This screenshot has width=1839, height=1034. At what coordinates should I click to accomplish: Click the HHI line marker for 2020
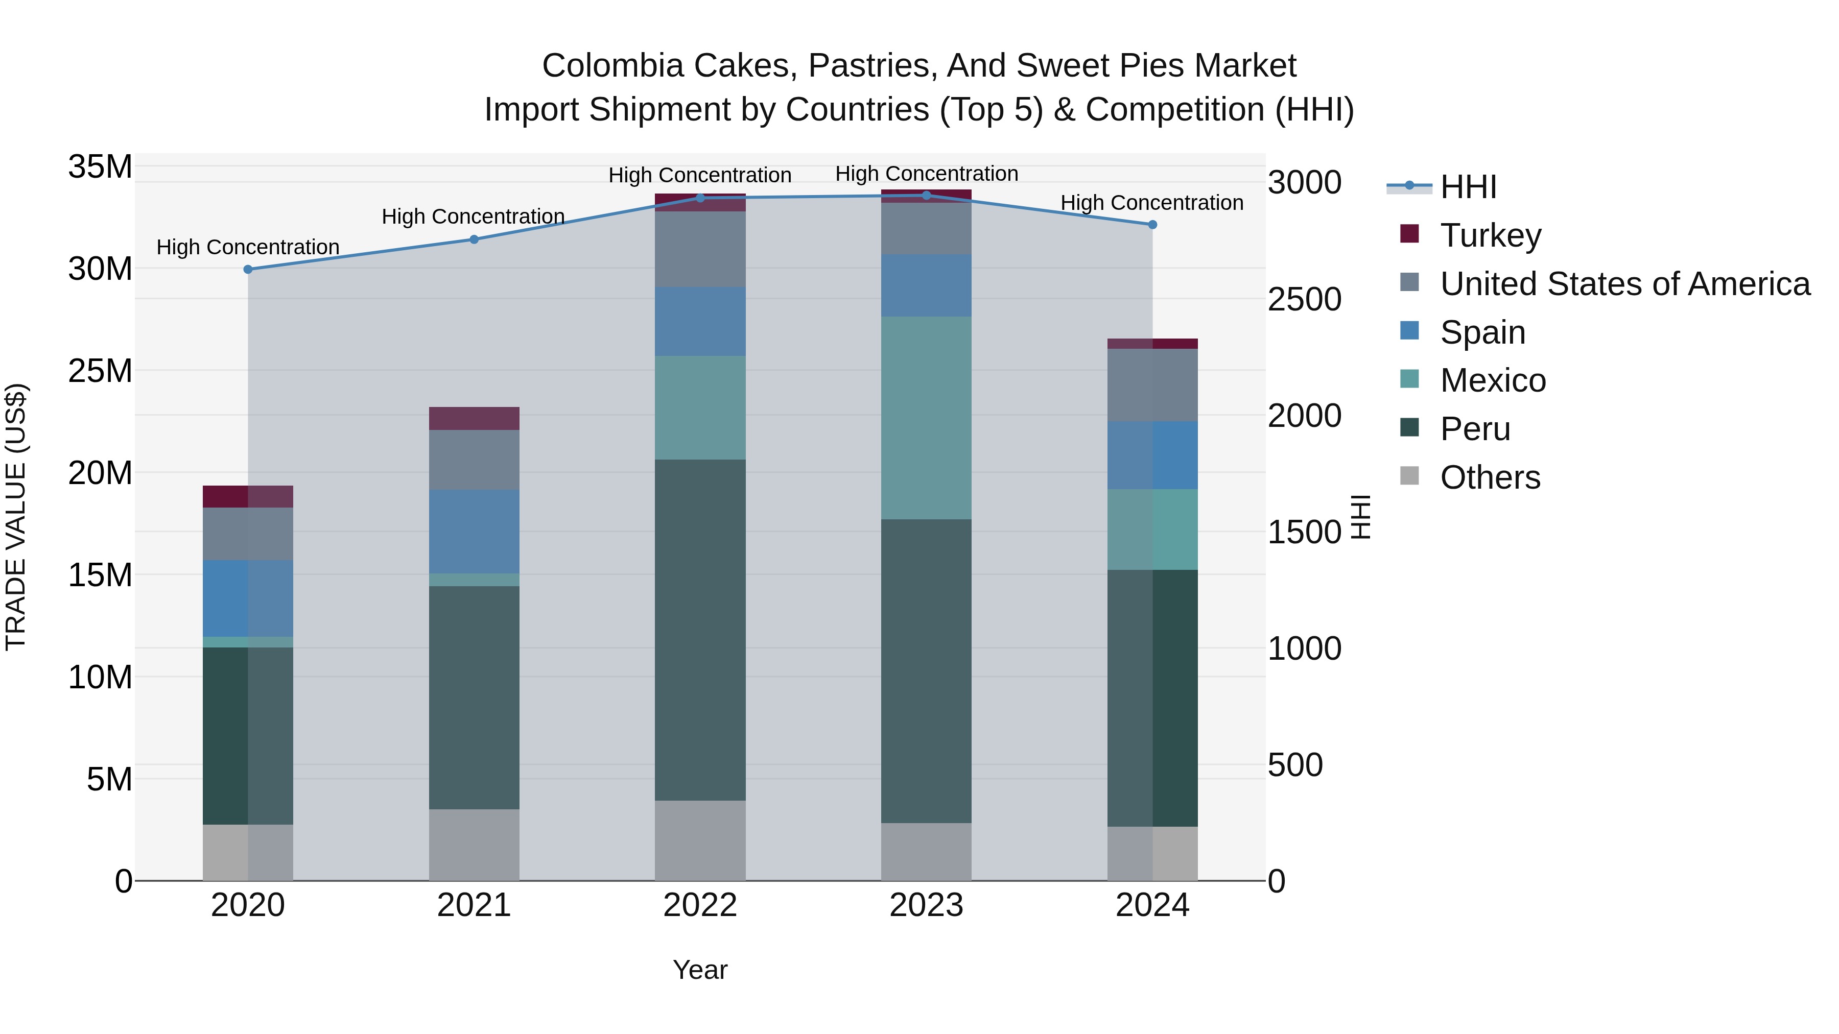(248, 270)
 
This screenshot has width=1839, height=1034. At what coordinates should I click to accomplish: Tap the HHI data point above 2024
(1152, 225)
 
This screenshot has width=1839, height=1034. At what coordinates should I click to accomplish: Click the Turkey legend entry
(1490, 235)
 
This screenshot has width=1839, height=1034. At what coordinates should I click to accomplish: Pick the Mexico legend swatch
(1409, 379)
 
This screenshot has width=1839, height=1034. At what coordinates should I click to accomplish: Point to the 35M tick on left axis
(100, 167)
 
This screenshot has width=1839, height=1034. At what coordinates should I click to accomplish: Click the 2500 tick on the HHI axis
(1304, 300)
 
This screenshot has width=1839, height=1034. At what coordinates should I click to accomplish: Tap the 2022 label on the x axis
(700, 905)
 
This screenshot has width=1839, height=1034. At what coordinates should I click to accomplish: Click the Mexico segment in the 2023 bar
(926, 418)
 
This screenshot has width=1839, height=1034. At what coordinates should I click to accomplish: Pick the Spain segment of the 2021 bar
(474, 532)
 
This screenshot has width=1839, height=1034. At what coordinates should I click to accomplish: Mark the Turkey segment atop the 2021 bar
(474, 418)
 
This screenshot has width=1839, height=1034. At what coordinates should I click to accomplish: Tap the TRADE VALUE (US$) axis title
(16, 517)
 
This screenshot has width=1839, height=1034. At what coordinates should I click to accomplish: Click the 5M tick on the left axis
(109, 779)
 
